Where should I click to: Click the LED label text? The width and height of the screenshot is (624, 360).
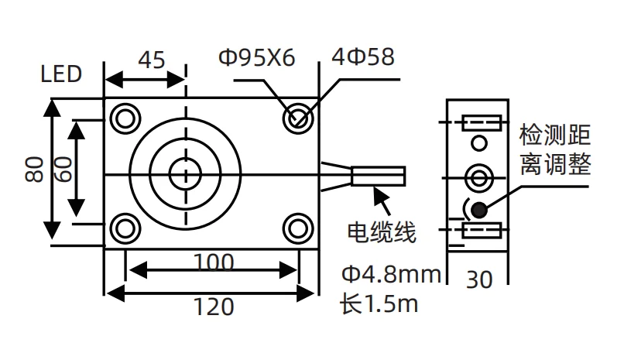coord(61,74)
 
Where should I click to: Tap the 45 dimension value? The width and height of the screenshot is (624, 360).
coord(151,60)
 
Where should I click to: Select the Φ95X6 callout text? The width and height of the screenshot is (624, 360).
coord(256,58)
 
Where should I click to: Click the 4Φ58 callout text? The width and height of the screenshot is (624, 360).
coord(362,57)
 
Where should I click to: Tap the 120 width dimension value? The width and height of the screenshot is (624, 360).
coord(212,307)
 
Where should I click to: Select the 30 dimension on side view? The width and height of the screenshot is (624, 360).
coord(479,279)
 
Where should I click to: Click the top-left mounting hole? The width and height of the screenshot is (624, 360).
coord(124,118)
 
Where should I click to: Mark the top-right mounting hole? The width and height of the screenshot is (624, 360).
coord(297,118)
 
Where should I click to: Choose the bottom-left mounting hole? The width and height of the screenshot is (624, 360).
coord(124,228)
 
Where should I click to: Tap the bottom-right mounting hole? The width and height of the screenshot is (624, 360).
coord(297,228)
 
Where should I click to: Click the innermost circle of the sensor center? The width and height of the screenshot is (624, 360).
coord(185,173)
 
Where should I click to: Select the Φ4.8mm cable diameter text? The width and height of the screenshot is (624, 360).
coord(390,274)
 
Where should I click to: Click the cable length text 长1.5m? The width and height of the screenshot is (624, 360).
coord(379,303)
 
